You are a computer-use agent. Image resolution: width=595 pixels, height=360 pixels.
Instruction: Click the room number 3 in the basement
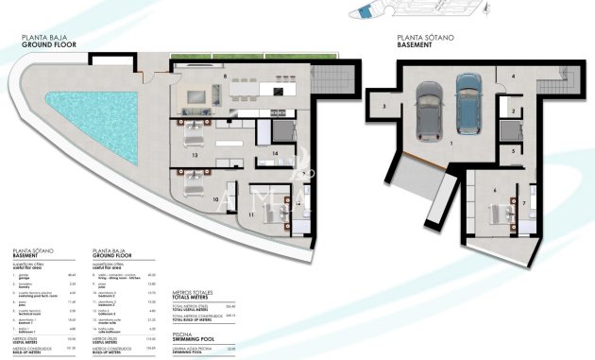pyautogui.click(x=385, y=107)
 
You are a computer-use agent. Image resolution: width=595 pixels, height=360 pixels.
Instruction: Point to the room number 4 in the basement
pyautogui.click(x=513, y=76)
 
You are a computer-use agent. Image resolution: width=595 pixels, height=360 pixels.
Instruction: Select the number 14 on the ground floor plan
pyautogui.click(x=274, y=152)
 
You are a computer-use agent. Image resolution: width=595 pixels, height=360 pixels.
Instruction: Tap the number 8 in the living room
pyautogui.click(x=224, y=75)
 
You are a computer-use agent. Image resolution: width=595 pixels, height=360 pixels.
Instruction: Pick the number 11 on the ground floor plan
pyautogui.click(x=251, y=215)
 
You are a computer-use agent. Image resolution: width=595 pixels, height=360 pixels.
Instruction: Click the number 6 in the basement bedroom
pyautogui.click(x=495, y=190)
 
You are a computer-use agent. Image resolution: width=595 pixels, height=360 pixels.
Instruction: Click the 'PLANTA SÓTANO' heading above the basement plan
pyautogui.click(x=421, y=38)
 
